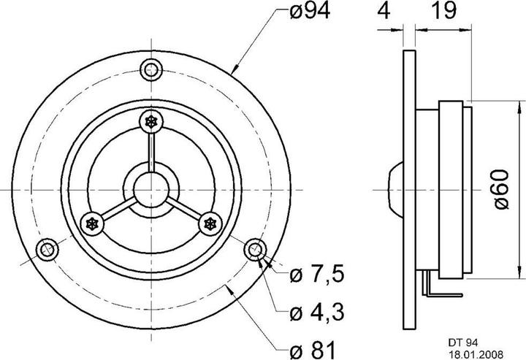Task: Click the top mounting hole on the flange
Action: (x=152, y=70)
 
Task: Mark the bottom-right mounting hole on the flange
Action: (x=256, y=250)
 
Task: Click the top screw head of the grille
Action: (x=152, y=121)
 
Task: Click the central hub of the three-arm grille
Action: (x=152, y=188)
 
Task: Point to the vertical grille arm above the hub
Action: (x=152, y=150)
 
